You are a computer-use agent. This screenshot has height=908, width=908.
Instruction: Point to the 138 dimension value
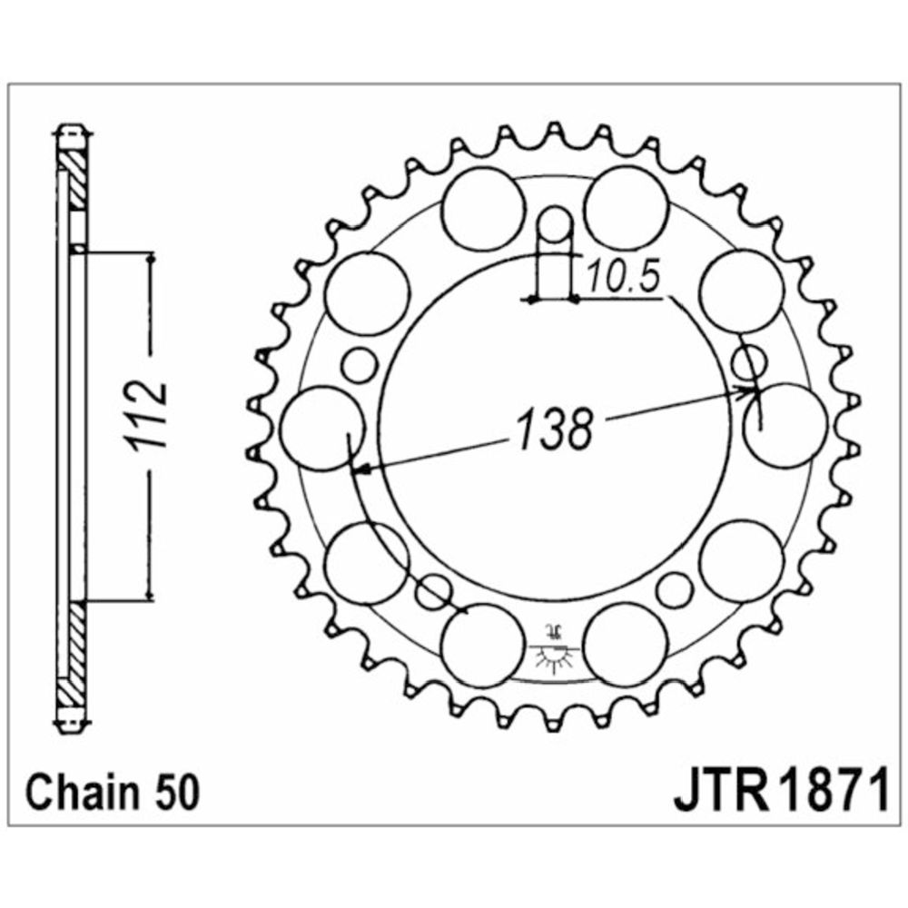[555, 429]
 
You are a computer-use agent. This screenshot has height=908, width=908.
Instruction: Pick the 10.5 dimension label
[623, 276]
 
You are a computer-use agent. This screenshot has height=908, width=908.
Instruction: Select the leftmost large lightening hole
[322, 428]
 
